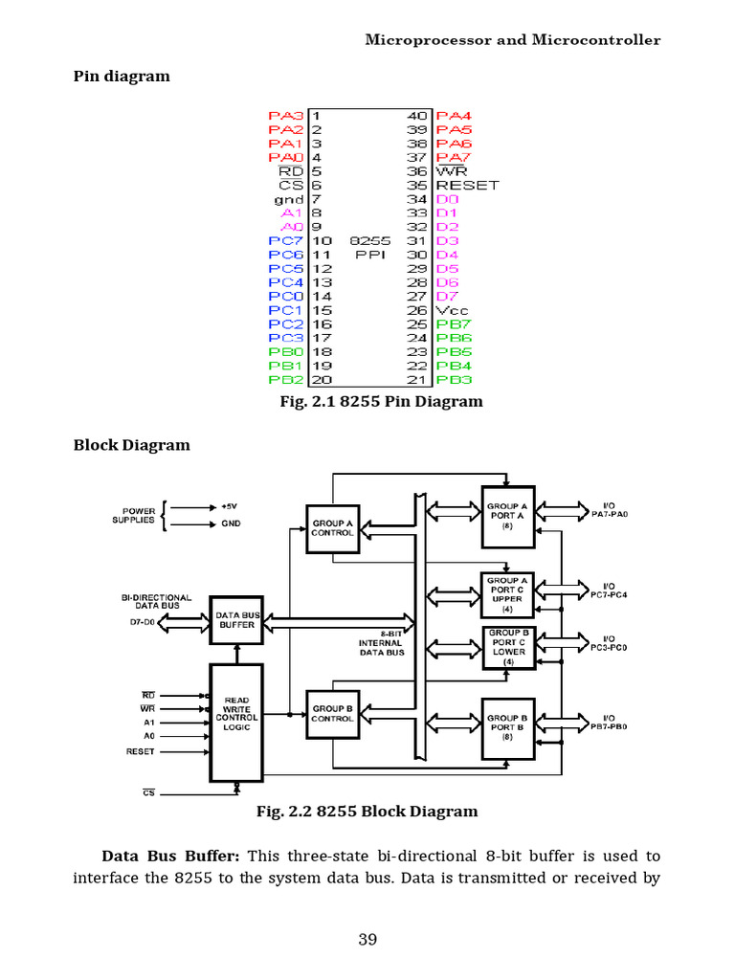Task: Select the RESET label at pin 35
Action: [x=467, y=185]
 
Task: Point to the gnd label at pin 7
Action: [x=289, y=199]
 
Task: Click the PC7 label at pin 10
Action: [x=285, y=240]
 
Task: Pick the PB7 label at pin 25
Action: [x=454, y=324]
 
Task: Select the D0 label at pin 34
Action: [x=447, y=199]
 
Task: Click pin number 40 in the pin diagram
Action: [x=417, y=115]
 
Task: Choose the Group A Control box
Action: [x=332, y=527]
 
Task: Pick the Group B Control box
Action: [x=332, y=713]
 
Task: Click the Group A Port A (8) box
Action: [x=507, y=516]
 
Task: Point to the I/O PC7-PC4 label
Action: [x=609, y=590]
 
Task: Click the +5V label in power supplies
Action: [x=230, y=505]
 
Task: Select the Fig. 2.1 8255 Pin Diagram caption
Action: [x=381, y=401]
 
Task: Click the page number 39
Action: [x=367, y=939]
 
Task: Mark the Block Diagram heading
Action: [x=132, y=444]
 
